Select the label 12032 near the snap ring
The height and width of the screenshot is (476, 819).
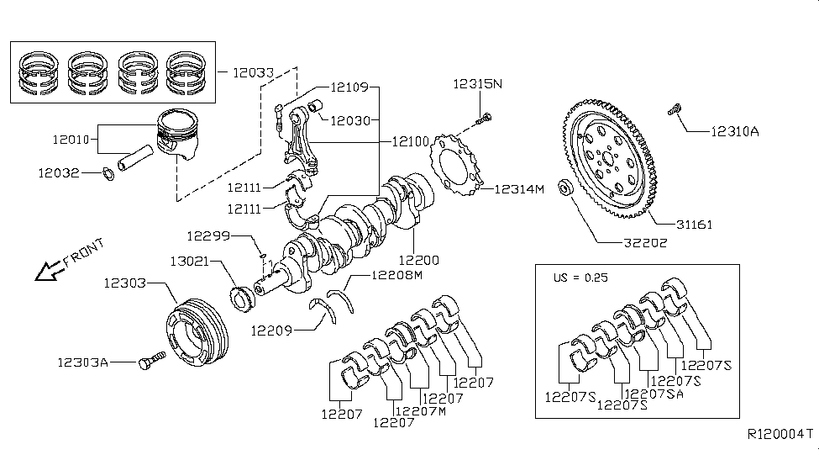point(58,173)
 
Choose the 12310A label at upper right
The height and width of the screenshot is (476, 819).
point(734,131)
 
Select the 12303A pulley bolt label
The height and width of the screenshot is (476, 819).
point(83,362)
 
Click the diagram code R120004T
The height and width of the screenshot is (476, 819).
point(780,435)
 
